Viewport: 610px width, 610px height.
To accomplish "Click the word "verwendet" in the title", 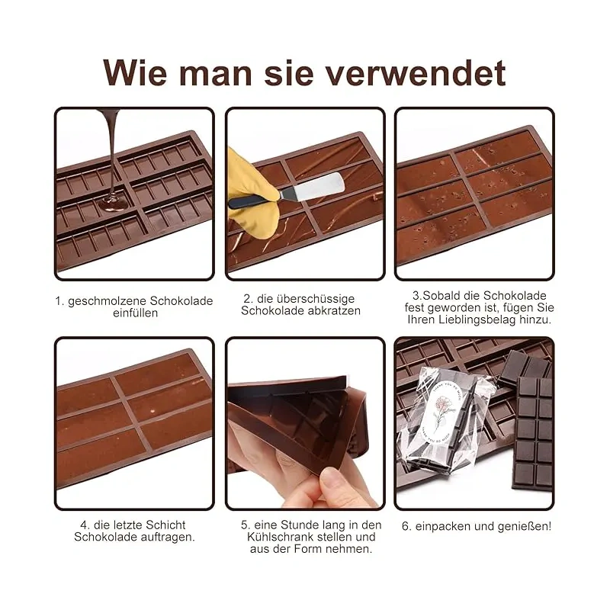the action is tap(415, 73).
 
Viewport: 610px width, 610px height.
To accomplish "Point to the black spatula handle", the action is tap(251, 201).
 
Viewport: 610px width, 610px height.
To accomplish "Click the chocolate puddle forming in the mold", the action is tap(114, 203).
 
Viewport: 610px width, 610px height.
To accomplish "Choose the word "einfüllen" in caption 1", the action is tap(136, 313).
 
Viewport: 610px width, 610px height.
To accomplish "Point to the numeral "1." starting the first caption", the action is tap(59, 301).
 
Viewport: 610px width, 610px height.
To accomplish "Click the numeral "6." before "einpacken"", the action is tap(407, 527).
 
